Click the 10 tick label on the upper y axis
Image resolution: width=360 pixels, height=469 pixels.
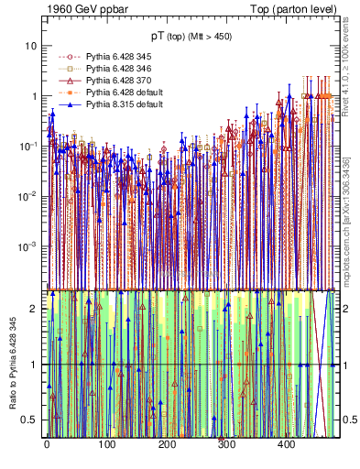coord(31,46)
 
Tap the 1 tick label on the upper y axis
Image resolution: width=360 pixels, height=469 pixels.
coord(34,96)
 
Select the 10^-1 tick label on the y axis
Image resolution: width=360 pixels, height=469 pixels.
coord(29,146)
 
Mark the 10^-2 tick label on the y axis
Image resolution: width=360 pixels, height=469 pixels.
coord(29,196)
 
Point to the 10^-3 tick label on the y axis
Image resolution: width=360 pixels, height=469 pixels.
coord(29,245)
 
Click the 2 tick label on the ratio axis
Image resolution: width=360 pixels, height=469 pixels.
coord(34,309)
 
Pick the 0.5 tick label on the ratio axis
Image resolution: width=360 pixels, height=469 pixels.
coord(30,420)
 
